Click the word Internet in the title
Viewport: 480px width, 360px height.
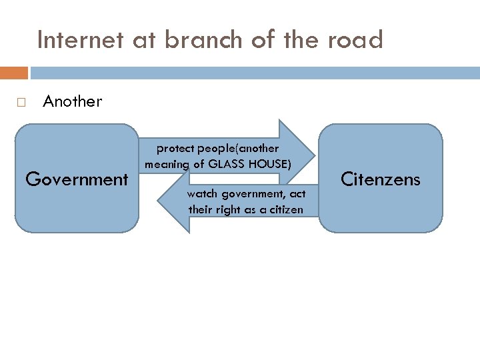(80, 41)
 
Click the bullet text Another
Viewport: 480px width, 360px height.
(72, 101)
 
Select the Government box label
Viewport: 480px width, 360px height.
(76, 179)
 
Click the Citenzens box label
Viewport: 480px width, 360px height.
(381, 179)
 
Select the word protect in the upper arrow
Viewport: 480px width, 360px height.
(175, 148)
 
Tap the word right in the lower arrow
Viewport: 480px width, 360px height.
(229, 209)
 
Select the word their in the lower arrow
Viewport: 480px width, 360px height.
(201, 209)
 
